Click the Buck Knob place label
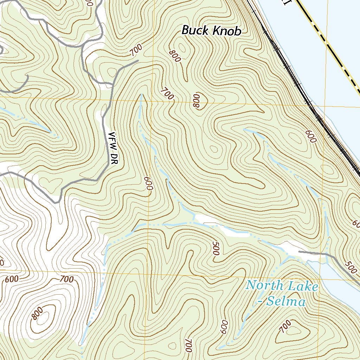(211, 31)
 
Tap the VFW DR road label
(113, 149)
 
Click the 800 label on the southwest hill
(37, 313)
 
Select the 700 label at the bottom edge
(188, 346)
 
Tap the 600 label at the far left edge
(12, 279)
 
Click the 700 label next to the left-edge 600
(66, 279)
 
